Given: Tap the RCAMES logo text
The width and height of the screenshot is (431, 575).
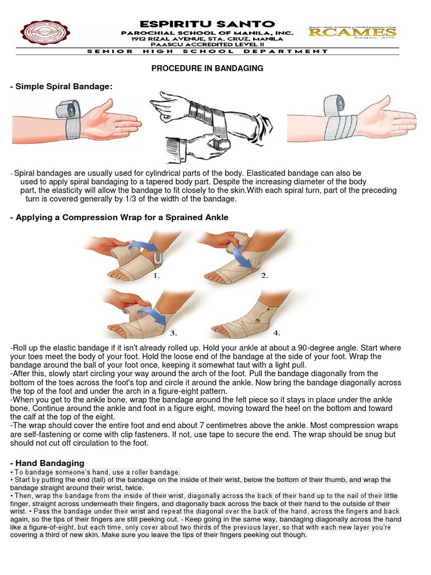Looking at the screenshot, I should click(x=352, y=32).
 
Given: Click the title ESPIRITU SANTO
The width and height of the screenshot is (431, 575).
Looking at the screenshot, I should click(x=208, y=24).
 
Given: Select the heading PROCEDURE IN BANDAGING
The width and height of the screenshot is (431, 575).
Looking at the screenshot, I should click(x=207, y=68).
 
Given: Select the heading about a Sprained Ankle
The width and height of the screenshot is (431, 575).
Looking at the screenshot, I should click(x=119, y=217).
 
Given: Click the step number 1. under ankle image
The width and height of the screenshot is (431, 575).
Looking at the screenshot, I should click(x=157, y=276).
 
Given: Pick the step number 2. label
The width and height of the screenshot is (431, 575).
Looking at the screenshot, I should click(x=265, y=276).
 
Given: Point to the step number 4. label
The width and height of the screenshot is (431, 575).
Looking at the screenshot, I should click(x=277, y=332).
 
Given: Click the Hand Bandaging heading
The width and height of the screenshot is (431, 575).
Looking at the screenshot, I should click(x=47, y=463).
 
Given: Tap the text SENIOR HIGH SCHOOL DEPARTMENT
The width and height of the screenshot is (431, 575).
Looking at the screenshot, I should click(x=208, y=51).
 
